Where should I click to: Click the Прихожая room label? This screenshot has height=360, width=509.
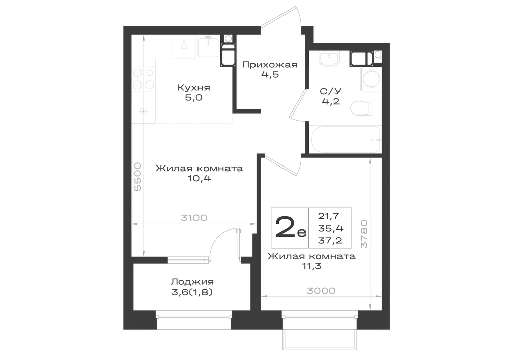coord(270,65)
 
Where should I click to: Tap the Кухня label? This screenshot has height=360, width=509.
coord(194,87)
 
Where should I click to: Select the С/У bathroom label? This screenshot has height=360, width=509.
coord(331,91)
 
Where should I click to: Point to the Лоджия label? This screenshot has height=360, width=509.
coord(192,282)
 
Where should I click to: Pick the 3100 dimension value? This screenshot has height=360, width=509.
coord(194,218)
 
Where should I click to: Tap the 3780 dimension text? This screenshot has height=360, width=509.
coord(364,234)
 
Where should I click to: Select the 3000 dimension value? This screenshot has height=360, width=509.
coord(321,291)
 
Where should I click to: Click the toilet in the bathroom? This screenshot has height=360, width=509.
coord(361,108)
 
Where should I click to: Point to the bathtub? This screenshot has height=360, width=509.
coord(345,139)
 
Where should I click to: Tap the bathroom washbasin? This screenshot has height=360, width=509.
coord(329,59)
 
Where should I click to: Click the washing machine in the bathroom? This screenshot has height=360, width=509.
coord(371,79)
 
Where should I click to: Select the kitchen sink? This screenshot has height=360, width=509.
coord(208,47)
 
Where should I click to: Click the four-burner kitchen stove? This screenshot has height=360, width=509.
coord(143,78)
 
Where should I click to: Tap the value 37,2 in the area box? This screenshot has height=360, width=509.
coord(330,240)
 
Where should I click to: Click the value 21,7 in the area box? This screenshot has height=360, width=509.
coord(329,216)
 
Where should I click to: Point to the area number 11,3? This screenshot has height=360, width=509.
coord(312,266)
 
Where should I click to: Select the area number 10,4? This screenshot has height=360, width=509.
coord(199,178)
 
